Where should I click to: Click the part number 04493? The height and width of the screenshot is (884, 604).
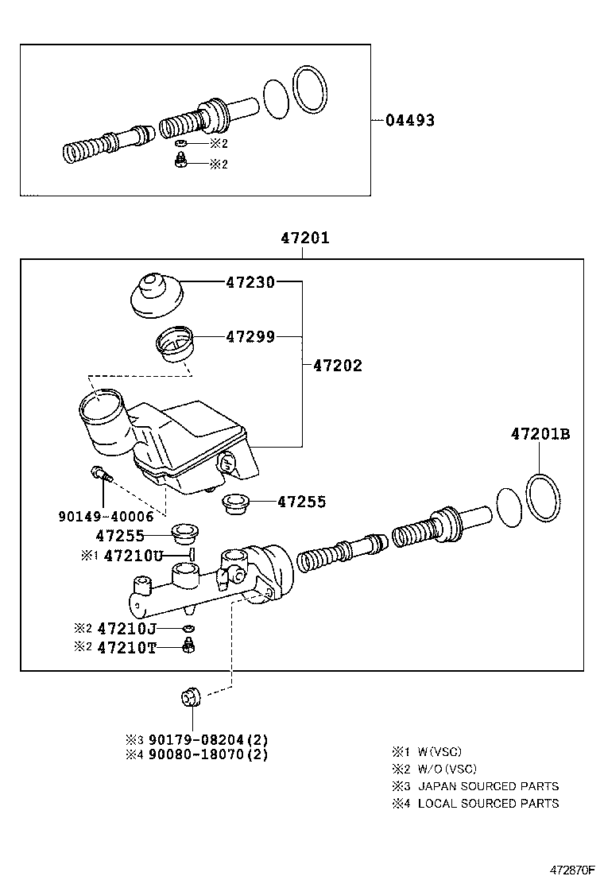[410, 121]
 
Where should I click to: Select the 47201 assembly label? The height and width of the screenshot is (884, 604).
[304, 238]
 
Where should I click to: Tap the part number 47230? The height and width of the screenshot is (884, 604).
[250, 281]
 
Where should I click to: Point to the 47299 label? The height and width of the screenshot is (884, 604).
[250, 337]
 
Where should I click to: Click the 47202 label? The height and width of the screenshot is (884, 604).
[337, 366]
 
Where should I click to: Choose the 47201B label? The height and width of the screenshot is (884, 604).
[540, 434]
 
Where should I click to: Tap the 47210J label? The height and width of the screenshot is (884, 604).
[132, 628]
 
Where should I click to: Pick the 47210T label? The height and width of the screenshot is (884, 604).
[132, 648]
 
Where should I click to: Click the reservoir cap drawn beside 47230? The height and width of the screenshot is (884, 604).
[156, 297]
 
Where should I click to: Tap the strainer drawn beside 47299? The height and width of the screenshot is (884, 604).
[174, 344]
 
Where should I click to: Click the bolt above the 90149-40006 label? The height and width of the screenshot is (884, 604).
[101, 475]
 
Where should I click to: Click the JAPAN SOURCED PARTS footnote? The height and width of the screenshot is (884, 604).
[488, 785]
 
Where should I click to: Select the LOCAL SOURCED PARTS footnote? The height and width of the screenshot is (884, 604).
[488, 803]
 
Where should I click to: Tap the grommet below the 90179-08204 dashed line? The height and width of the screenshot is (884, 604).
[191, 697]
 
